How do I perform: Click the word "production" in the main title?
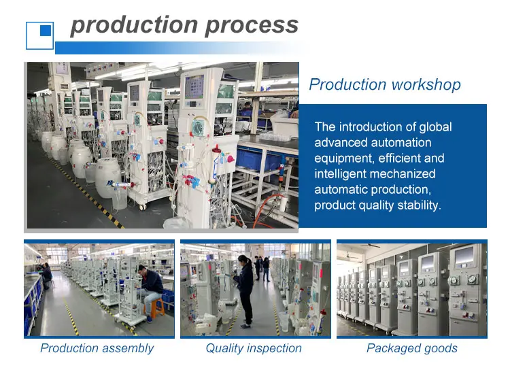pyautogui.click(x=134, y=25)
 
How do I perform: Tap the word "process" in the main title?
pyautogui.click(x=252, y=26)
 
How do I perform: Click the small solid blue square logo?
pyautogui.click(x=46, y=30)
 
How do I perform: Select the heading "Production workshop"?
pyautogui.click(x=385, y=84)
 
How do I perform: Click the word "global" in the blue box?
pyautogui.click(x=435, y=127)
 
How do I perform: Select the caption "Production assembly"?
pyautogui.click(x=97, y=348)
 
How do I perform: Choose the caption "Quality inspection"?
pyautogui.click(x=254, y=348)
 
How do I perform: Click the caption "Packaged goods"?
pyautogui.click(x=412, y=348)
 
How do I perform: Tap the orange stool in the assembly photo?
pyautogui.click(x=154, y=307)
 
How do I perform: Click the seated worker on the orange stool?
pyautogui.click(x=150, y=291)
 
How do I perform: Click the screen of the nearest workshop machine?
pyautogui.click(x=194, y=87)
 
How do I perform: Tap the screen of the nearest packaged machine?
pyautogui.click(x=464, y=256)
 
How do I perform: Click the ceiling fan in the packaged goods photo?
pyautogui.click(x=371, y=246)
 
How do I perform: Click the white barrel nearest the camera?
pyautogui.click(x=108, y=177)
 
